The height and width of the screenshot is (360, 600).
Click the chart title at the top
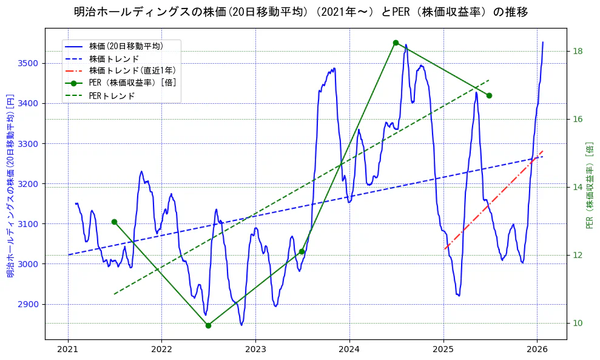(300, 12)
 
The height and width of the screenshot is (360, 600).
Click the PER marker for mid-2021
(114, 222)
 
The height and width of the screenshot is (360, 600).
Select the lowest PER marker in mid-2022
(208, 325)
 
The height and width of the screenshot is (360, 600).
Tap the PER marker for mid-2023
(302, 251)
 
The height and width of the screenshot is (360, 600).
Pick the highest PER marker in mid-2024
(396, 42)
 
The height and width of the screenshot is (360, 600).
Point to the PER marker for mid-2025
(489, 95)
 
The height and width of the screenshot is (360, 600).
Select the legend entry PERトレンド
(112, 96)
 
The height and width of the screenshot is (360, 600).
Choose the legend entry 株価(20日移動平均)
(126, 46)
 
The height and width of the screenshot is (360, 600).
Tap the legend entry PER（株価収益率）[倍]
(132, 83)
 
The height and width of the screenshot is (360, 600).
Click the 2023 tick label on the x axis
(255, 349)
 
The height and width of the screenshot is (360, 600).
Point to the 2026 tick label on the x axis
(537, 349)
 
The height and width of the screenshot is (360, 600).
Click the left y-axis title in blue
(10, 185)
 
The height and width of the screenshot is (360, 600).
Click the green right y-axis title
(590, 185)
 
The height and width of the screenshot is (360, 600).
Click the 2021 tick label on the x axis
(68, 349)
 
